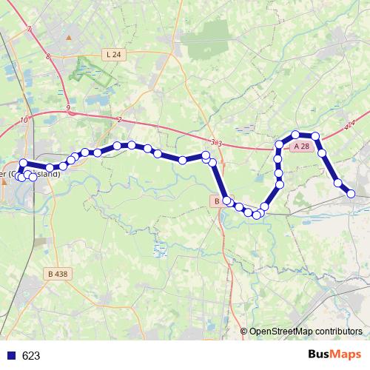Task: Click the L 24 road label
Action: click(x=112, y=54)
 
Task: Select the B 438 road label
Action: click(x=55, y=274)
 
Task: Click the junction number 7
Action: click(x=28, y=30)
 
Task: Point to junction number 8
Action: click(x=47, y=56)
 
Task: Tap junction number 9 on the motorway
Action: click(x=67, y=108)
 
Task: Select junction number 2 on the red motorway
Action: click(x=119, y=119)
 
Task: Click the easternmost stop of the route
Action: click(x=352, y=194)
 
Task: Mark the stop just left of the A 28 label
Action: click(x=280, y=144)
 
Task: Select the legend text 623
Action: click(x=31, y=356)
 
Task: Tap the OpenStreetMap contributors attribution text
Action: click(x=306, y=332)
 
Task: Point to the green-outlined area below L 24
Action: click(x=92, y=70)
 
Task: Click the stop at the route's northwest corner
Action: click(x=24, y=164)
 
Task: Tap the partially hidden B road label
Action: click(x=216, y=201)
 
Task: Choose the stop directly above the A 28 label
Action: click(x=296, y=135)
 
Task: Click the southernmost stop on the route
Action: click(x=256, y=215)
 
